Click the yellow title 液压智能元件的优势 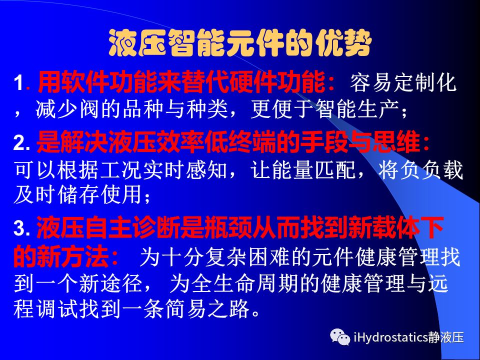click(x=240, y=43)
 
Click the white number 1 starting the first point click(x=18, y=83)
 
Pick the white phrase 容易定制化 click(x=403, y=82)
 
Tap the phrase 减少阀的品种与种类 click(x=131, y=109)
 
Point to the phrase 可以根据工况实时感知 click(x=120, y=169)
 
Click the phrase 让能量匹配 click(x=303, y=169)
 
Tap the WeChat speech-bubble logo click(x=340, y=336)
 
